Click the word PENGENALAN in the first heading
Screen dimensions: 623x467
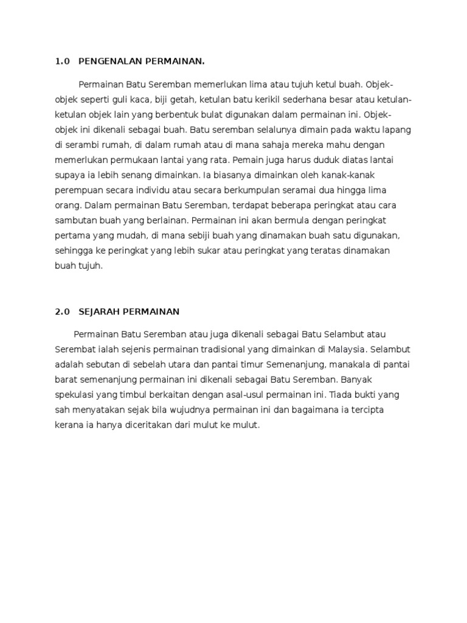pyautogui.click(x=108, y=61)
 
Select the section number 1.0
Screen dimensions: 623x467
pyautogui.click(x=63, y=61)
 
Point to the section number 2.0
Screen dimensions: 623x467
pyautogui.click(x=63, y=311)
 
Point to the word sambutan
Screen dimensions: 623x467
pyautogui.click(x=76, y=220)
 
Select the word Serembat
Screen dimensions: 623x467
pyautogui.click(x=75, y=349)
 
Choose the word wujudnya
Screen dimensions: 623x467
pyautogui.click(x=182, y=410)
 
